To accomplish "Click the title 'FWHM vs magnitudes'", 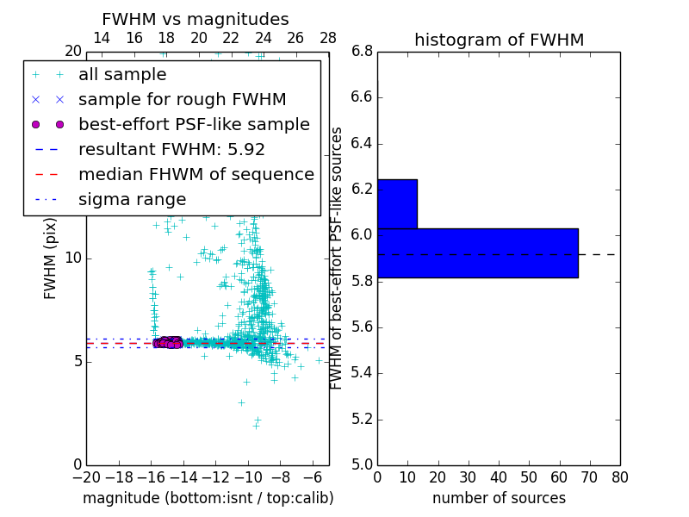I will click(196, 20).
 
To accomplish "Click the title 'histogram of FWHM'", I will click(499, 40).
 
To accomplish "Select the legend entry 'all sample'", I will click(122, 75).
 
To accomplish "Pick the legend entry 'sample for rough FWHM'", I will click(182, 100).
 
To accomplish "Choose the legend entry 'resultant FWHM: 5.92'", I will click(171, 150).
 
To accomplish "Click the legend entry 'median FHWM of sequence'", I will click(196, 175).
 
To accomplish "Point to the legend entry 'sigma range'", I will click(132, 200).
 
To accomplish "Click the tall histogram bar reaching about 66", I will click(477, 253).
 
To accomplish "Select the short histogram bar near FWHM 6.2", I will click(397, 204).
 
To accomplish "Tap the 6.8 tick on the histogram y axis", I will click(362, 52).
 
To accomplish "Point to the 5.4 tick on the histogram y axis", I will click(362, 373).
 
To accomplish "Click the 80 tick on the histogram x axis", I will click(619, 477).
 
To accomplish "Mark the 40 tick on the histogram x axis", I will click(499, 477).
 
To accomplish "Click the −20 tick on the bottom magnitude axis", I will click(86, 477).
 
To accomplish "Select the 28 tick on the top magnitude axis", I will click(328, 38).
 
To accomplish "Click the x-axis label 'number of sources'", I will click(499, 498).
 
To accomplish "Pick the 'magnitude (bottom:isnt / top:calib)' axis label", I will click(208, 498).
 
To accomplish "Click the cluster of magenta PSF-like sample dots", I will click(169, 342).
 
